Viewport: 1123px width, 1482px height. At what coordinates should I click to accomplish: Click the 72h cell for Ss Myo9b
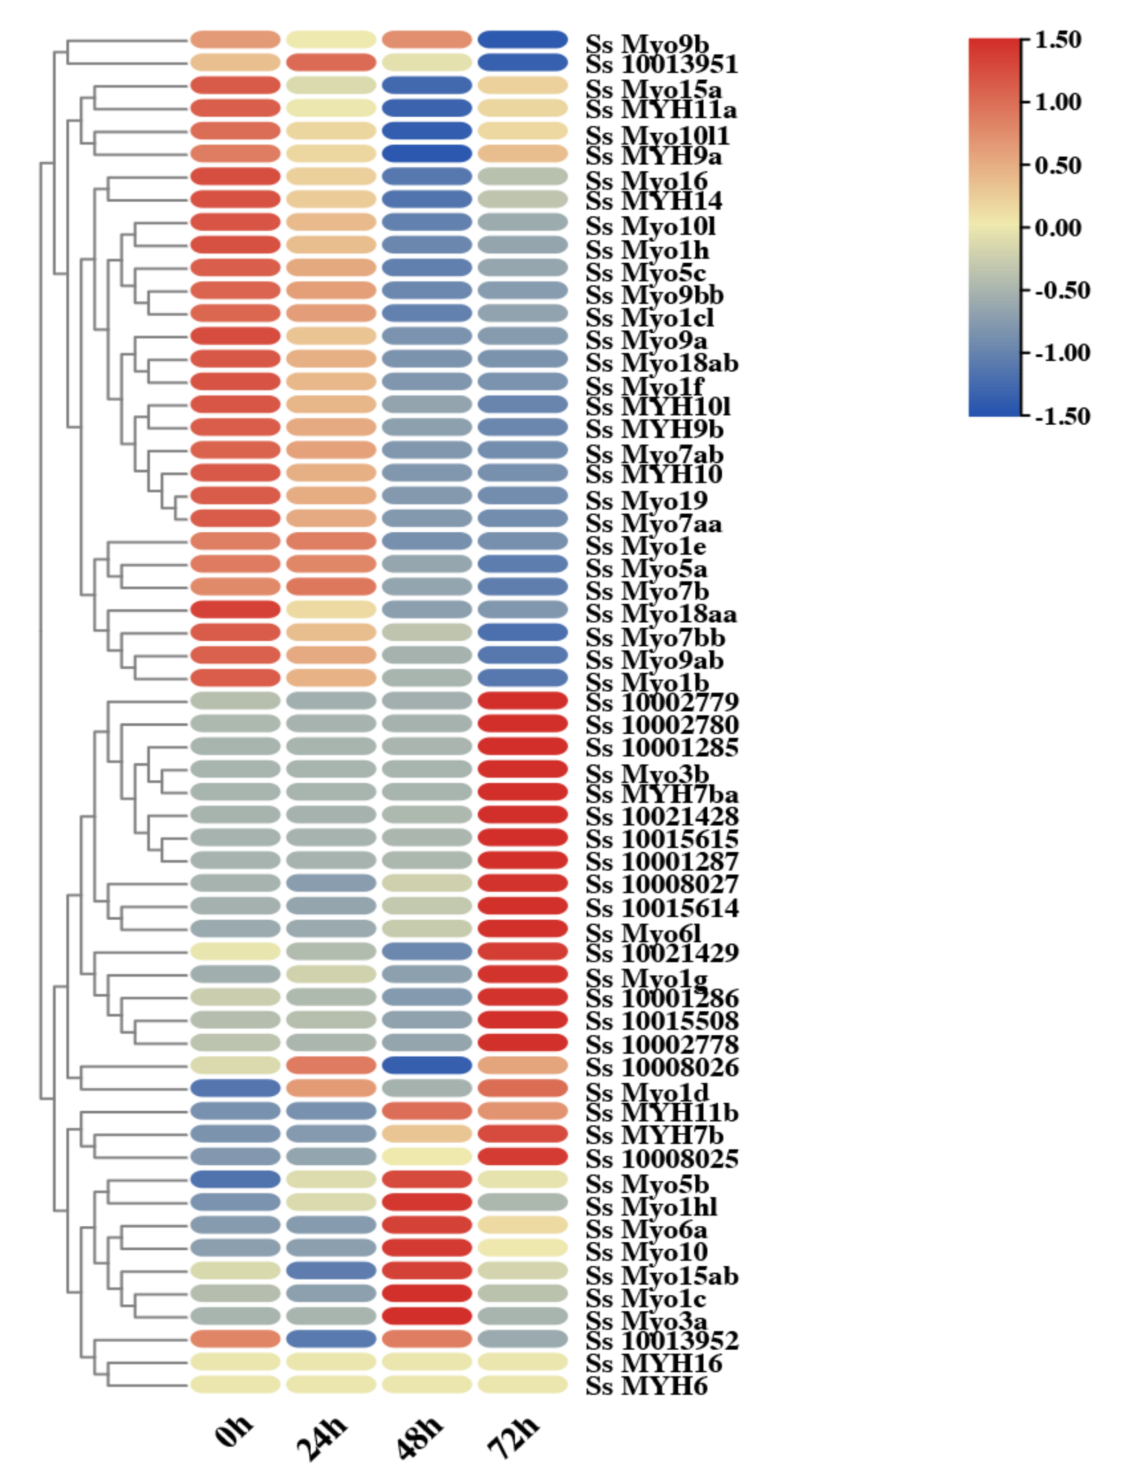[x=523, y=39]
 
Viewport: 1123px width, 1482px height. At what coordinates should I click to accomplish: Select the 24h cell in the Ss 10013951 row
[x=331, y=62]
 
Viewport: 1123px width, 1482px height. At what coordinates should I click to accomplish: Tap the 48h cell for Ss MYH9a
[x=427, y=153]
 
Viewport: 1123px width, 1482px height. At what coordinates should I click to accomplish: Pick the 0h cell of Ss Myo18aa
[x=235, y=609]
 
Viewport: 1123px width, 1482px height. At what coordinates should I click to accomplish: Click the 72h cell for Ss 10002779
[x=523, y=701]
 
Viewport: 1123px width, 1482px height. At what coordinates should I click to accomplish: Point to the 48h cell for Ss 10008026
[x=427, y=1065]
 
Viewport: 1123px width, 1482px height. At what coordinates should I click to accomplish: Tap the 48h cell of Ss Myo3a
[x=427, y=1316]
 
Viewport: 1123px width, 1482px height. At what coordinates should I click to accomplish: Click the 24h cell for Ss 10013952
[x=331, y=1338]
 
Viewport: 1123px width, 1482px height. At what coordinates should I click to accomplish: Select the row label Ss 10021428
[x=662, y=817]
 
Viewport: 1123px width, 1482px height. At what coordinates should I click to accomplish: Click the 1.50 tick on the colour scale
[x=1057, y=39]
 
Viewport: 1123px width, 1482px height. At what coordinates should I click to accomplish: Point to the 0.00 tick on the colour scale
[x=1057, y=228]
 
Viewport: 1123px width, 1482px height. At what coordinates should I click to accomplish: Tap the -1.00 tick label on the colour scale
[x=1062, y=352]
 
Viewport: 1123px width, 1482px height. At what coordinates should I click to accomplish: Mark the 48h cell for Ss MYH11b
[x=427, y=1111]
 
